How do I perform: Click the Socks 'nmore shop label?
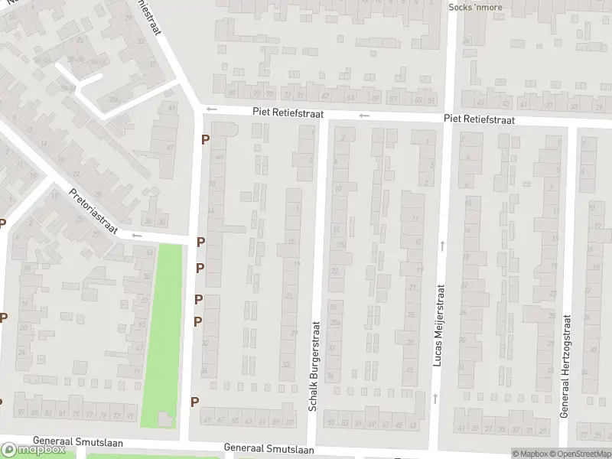(475, 8)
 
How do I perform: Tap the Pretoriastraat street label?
(96, 213)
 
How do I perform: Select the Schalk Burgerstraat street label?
(314, 366)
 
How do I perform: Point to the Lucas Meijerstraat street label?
(439, 324)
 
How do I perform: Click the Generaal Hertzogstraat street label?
(566, 365)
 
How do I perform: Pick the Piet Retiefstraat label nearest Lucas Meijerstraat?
(479, 120)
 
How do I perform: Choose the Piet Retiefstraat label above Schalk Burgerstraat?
(291, 112)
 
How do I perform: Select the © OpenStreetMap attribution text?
(581, 454)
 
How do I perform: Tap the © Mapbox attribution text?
(530, 454)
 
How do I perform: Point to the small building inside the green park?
(165, 418)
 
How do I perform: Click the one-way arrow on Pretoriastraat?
(137, 236)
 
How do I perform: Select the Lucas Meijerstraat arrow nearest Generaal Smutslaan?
(435, 398)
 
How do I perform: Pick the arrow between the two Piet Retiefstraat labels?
(365, 116)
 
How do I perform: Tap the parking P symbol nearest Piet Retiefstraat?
(205, 139)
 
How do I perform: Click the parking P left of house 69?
(195, 402)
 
